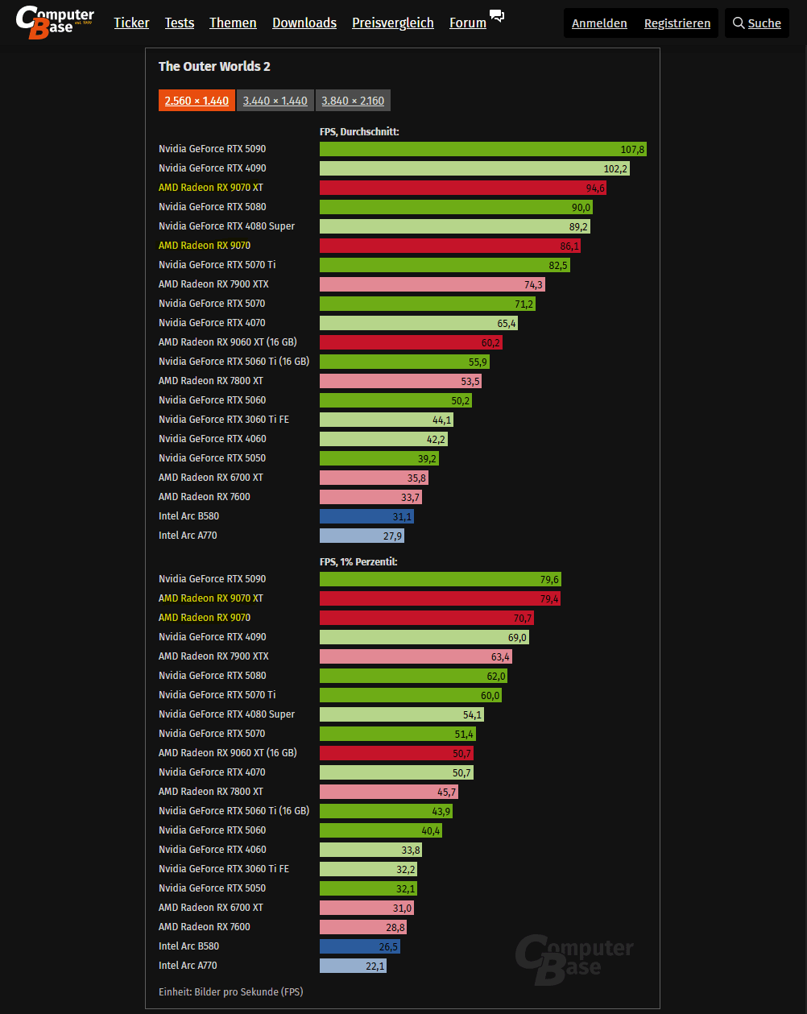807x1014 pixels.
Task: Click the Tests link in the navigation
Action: tap(179, 23)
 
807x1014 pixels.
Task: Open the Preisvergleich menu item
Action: tap(392, 23)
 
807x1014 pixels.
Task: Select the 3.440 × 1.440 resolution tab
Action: tap(275, 101)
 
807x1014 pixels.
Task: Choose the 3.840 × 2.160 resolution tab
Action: tap(353, 101)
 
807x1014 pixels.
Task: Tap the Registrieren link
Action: tap(677, 23)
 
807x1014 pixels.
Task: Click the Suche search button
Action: tap(756, 23)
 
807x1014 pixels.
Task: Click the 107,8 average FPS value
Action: tap(633, 150)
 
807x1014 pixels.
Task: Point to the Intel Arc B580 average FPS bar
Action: tap(366, 516)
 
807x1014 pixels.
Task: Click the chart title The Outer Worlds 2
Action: tap(213, 67)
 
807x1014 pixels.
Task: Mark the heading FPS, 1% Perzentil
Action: tap(358, 561)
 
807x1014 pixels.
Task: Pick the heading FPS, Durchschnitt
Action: tap(359, 131)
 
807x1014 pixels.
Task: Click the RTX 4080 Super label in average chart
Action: tap(226, 226)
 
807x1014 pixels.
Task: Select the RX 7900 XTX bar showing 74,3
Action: tap(432, 284)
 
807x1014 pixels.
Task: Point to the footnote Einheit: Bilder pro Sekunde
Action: tap(230, 991)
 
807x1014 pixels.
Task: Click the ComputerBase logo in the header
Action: tap(55, 22)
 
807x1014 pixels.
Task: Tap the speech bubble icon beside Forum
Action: tap(497, 17)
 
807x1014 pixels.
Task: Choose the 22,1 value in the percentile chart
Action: tap(375, 966)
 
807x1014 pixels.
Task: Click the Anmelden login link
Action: tap(599, 23)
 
